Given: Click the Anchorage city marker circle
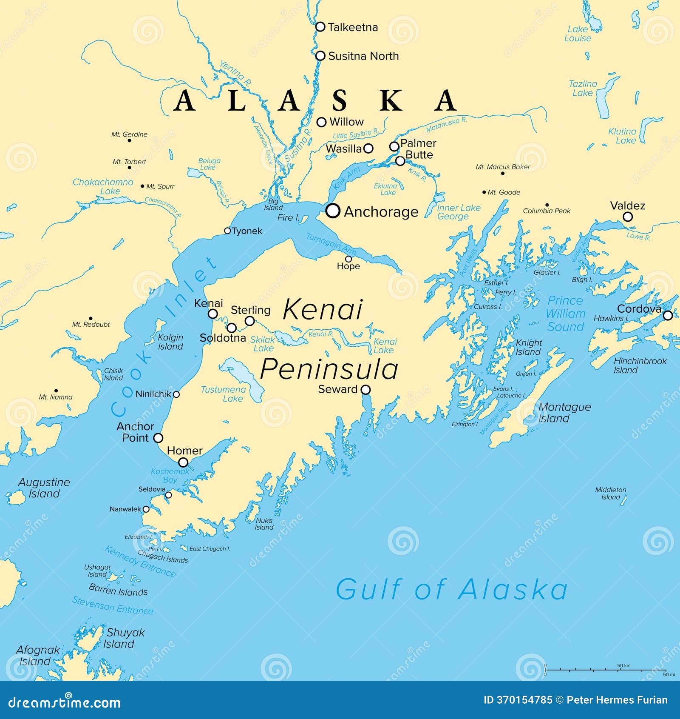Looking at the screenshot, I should coord(333,210).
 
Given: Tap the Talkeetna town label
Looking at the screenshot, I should coord(352,27).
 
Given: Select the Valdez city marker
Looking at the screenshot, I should coord(627,217).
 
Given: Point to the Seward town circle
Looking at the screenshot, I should coord(365,389).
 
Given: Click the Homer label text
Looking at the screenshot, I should coord(184,451).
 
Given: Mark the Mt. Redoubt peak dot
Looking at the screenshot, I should coord(91,318).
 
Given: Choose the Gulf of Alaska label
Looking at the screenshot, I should coord(451,589).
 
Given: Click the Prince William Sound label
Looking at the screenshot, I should coord(566,314).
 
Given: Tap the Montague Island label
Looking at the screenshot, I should coord(564,413).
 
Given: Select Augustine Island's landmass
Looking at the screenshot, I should coord(17,497).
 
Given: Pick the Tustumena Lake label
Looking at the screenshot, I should coord(224,394).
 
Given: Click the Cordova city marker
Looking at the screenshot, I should coord(668,315).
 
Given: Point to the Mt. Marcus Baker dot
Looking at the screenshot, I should coord(503,173).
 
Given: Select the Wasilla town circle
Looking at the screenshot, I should coord(368,148).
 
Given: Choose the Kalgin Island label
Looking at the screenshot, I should coord(170,342).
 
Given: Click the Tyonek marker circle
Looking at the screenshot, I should coord(227,231).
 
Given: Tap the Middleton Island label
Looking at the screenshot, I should coord(610,494).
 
